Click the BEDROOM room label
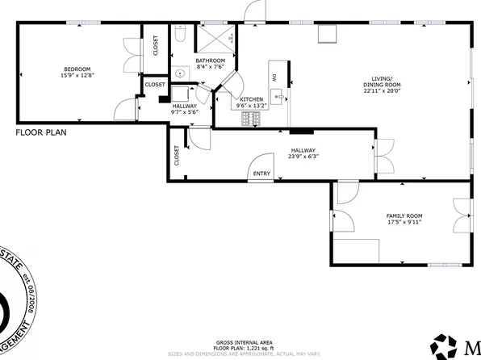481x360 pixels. pyautogui.click(x=77, y=69)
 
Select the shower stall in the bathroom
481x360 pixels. pyautogui.click(x=217, y=37)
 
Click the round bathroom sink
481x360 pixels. pyautogui.click(x=179, y=71)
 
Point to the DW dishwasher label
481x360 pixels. pyautogui.click(x=274, y=77)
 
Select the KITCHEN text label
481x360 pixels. pyautogui.click(x=251, y=98)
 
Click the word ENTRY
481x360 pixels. pyautogui.click(x=261, y=173)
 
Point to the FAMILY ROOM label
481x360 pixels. pyautogui.click(x=404, y=215)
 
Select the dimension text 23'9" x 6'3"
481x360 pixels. pyautogui.click(x=303, y=157)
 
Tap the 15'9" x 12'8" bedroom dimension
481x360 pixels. pyautogui.click(x=77, y=76)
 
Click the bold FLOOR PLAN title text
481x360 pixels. pyautogui.click(x=41, y=132)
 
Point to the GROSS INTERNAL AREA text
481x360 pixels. pyautogui.click(x=240, y=342)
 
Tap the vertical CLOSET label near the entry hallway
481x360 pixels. pyautogui.click(x=176, y=156)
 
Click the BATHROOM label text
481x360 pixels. pyautogui.click(x=209, y=61)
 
